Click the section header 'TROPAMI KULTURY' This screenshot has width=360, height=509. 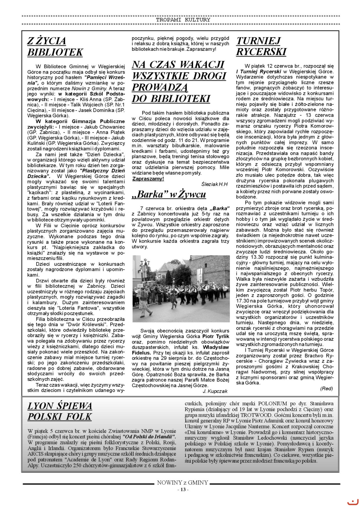183,20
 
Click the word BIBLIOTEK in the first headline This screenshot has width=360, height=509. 55,52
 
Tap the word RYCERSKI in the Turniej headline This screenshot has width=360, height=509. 261,52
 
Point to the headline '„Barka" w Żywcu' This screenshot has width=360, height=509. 169,194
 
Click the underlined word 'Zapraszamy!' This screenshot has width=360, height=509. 148,178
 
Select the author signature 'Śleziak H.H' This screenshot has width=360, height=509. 214,184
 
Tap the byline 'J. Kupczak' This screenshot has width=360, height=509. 215,391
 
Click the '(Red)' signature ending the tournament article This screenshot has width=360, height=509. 326,388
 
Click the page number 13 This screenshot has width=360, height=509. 183,490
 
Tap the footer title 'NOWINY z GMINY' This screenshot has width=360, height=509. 183,483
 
